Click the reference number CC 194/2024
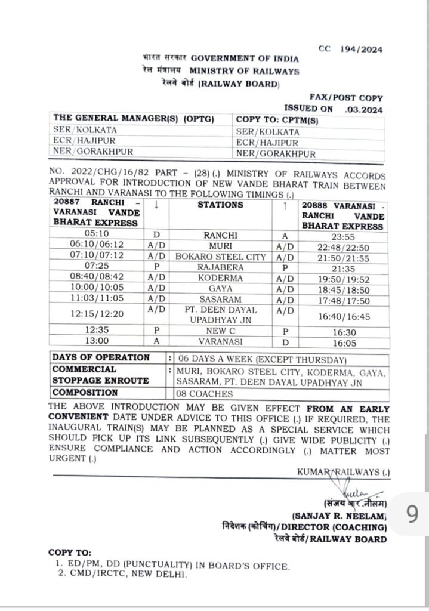pyautogui.click(x=350, y=50)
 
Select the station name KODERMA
pyautogui.click(x=220, y=278)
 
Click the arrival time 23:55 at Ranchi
pyautogui.click(x=342, y=235)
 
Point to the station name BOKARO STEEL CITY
pyautogui.click(x=220, y=257)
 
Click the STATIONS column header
pyautogui.click(x=220, y=205)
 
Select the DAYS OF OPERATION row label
pyautogui.click(x=101, y=357)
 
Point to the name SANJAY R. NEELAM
pyautogui.click(x=340, y=515)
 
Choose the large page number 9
pyautogui.click(x=412, y=514)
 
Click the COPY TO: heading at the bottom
pyautogui.click(x=70, y=553)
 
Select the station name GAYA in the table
pyautogui.click(x=220, y=289)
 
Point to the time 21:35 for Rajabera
pyautogui.click(x=342, y=267)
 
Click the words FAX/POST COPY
pyautogui.click(x=346, y=97)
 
